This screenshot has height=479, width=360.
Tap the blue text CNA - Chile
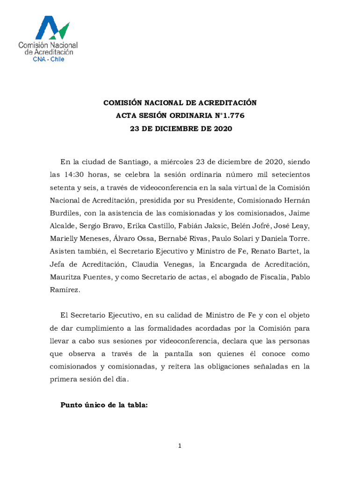[x=48, y=59]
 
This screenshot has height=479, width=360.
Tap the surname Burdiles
[x=64, y=213]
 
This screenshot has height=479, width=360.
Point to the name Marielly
[x=65, y=239]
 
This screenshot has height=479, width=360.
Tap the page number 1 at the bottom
[x=180, y=446]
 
